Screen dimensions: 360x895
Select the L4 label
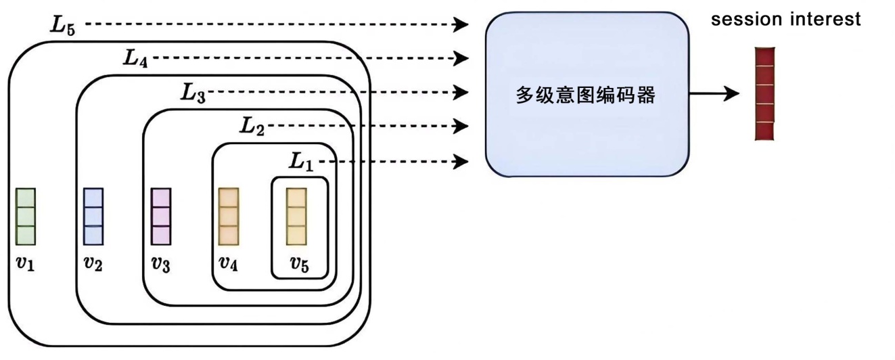(135, 58)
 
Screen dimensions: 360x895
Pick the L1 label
(302, 161)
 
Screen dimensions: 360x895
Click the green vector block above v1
(26, 217)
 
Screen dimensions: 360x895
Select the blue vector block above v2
(93, 217)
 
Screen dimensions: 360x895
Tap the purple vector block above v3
(161, 217)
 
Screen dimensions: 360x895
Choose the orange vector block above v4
(229, 217)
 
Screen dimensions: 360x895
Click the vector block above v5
(297, 217)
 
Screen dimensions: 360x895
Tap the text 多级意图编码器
(586, 95)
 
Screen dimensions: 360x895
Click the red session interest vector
(764, 93)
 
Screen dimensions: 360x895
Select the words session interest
(785, 20)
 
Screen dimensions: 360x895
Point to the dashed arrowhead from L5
(461, 25)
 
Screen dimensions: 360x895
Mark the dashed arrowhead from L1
(461, 161)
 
